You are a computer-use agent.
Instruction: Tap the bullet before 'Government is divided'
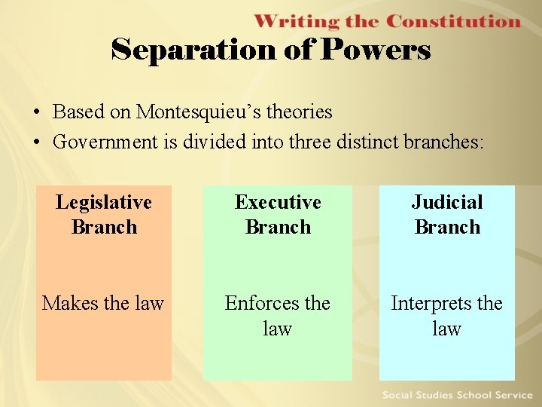pyautogui.click(x=36, y=142)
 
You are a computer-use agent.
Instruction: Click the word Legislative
pyautogui.click(x=104, y=202)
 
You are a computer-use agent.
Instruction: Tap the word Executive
pyautogui.click(x=278, y=202)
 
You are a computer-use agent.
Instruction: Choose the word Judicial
pyautogui.click(x=447, y=202)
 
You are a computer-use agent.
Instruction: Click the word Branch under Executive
pyautogui.click(x=278, y=227)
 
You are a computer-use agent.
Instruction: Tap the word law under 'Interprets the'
pyautogui.click(x=447, y=329)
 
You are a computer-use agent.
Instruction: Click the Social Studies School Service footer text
pyautogui.click(x=457, y=395)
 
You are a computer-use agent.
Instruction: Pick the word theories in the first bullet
pyautogui.click(x=300, y=112)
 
